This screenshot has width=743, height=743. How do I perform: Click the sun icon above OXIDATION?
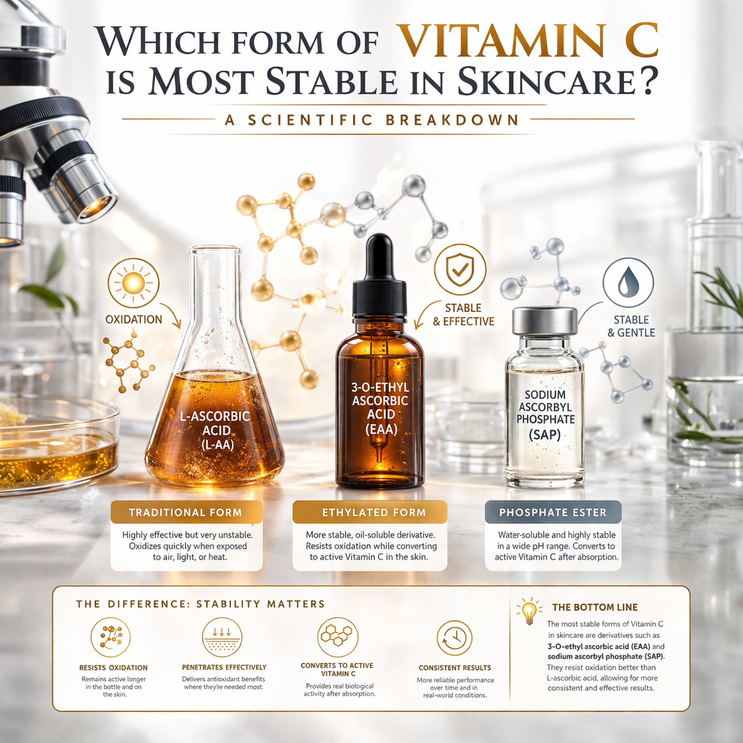133,283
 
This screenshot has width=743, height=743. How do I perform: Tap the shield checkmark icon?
460,270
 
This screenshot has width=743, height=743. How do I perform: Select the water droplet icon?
628,283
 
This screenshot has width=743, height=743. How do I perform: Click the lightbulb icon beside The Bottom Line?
529,610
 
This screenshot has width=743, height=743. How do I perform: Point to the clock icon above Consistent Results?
454,638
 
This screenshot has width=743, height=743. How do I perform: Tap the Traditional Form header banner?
185,513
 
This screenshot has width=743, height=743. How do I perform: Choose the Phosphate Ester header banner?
553,513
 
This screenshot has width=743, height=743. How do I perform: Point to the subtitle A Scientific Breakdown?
372,120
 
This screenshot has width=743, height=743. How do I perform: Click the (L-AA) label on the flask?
216,444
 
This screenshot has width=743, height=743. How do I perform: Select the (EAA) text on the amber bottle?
381,428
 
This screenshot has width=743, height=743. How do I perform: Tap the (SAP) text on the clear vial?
545,434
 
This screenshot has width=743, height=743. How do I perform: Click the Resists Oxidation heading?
113,668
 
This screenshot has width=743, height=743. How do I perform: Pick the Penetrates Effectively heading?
224,667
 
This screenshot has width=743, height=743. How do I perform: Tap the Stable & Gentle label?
631,326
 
